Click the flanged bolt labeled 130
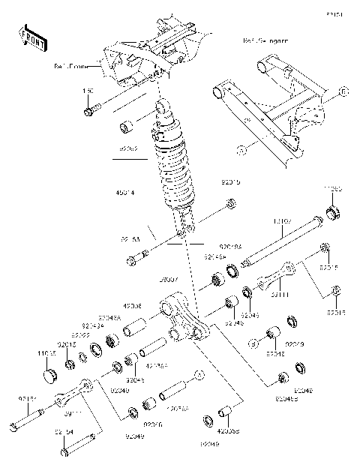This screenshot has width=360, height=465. [91, 112]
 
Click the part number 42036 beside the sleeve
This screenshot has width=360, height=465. [153, 306]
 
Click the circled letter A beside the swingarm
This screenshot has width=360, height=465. [241, 151]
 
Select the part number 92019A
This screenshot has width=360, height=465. [229, 245]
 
